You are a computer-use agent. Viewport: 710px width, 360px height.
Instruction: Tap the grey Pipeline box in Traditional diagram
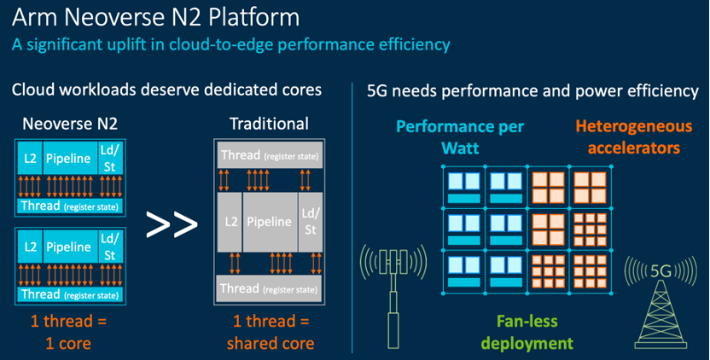269,222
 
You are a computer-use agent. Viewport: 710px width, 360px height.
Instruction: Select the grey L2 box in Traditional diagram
230,222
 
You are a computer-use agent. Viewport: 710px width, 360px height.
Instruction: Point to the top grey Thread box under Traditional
269,154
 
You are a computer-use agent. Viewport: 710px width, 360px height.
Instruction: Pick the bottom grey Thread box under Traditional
269,287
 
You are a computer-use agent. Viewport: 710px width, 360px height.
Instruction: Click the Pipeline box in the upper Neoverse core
67,160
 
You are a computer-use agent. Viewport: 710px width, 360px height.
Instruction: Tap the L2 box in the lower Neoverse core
30,247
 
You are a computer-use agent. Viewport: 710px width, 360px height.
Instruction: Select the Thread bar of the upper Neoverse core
69,206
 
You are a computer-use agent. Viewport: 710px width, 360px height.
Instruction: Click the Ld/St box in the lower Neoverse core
109,247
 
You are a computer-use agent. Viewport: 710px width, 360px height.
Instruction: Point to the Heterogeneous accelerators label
627,136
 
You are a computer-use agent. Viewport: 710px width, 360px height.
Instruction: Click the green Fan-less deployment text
526,333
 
